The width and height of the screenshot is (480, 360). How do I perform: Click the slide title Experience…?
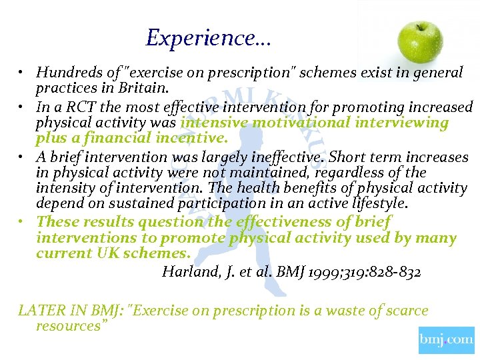(x=208, y=37)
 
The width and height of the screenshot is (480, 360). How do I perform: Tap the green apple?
(x=420, y=41)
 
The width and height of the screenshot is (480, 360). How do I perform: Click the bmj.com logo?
(x=446, y=340)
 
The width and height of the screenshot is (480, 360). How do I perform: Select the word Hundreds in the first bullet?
(x=65, y=73)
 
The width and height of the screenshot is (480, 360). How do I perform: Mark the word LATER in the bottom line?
(x=39, y=311)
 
